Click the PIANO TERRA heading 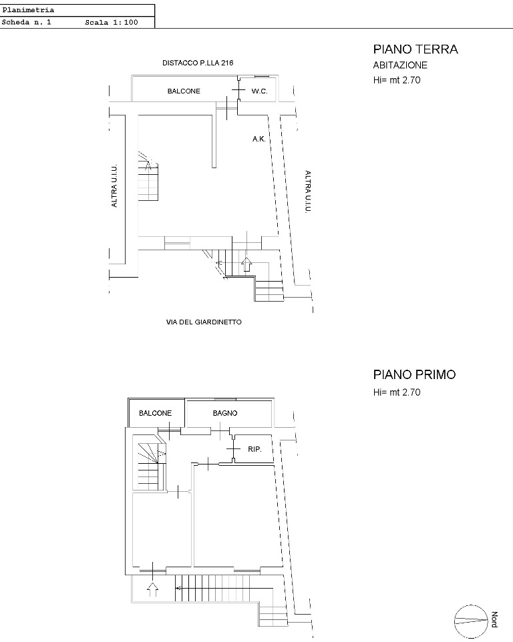click(415, 49)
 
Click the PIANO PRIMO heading click(414, 374)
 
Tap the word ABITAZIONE click(400, 65)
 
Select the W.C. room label click(259, 91)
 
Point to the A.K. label click(259, 139)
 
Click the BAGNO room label click(225, 413)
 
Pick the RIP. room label click(254, 449)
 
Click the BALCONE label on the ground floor click(184, 91)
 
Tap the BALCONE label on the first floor click(155, 413)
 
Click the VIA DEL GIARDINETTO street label click(204, 322)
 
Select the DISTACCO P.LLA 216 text click(198, 63)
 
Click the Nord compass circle click(471, 621)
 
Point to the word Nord click(494, 619)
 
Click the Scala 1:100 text click(112, 23)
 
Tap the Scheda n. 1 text click(26, 23)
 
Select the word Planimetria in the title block click(28, 10)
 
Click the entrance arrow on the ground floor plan click(246, 264)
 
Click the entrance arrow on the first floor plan click(152, 589)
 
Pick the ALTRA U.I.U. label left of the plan click(114, 186)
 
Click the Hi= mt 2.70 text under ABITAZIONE click(397, 80)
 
